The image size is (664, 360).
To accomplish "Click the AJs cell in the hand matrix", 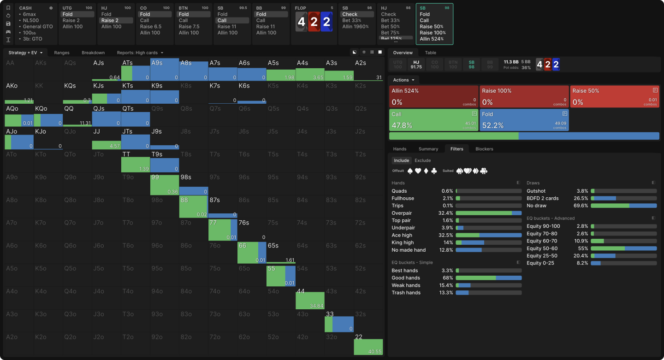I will coord(106,69).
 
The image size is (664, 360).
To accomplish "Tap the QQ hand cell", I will coord(77,115).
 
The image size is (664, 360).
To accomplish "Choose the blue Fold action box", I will coord(524,120).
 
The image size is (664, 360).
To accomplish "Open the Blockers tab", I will coord(484,149).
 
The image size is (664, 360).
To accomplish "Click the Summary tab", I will coord(428,149).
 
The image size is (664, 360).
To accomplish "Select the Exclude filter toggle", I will coord(422,160).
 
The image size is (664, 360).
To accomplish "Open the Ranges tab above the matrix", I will coord(62,53).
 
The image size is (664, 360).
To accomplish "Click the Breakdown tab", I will coord(93,53).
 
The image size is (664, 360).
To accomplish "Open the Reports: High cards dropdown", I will coord(140,53).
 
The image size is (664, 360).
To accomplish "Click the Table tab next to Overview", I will coord(430,53).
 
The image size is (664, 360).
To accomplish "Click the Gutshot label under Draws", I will coord(536,191).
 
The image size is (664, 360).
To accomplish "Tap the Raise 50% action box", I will coord(614,96).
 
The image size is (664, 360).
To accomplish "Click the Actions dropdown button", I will coord(403,80).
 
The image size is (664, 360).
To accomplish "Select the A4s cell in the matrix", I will coord(310,69).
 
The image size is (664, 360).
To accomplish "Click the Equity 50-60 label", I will coord(542,248).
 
